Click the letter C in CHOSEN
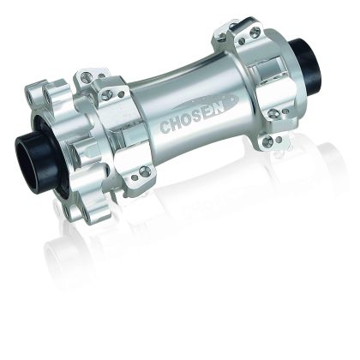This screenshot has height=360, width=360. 165,126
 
